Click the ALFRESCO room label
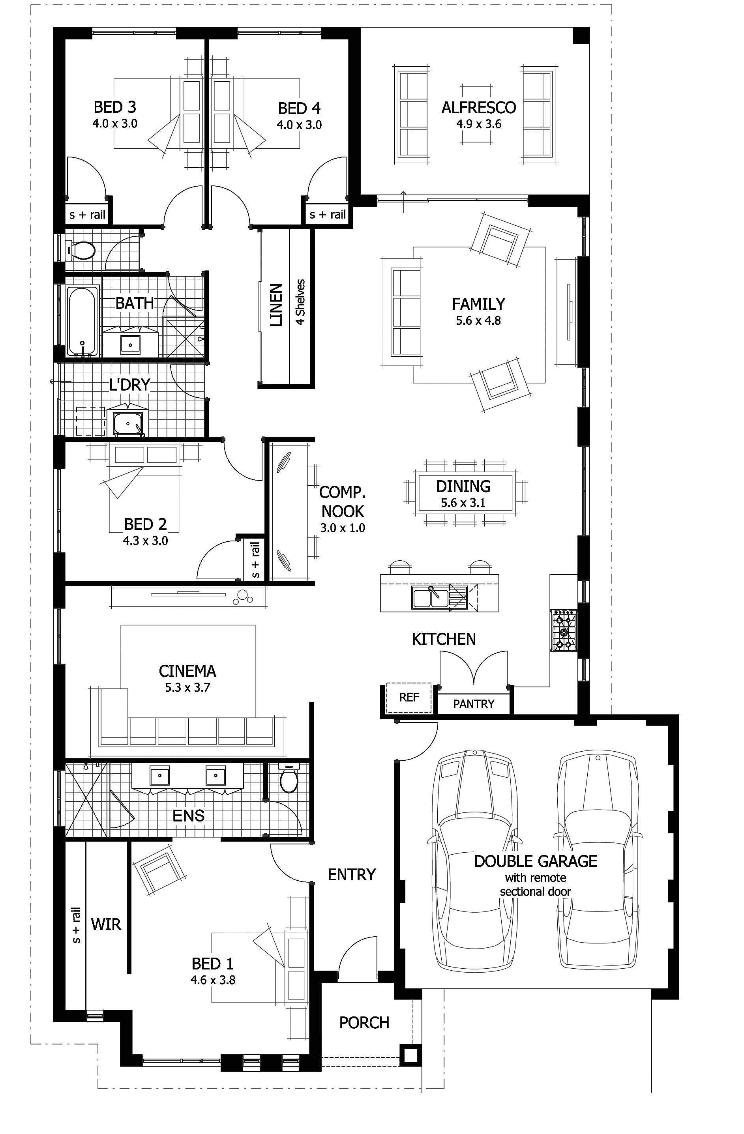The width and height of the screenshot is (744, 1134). [478, 108]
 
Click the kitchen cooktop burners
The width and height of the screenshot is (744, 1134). [563, 632]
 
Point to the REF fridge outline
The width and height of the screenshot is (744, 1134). [409, 698]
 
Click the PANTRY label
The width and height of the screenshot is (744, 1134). [473, 704]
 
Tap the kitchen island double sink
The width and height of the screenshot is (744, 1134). [430, 597]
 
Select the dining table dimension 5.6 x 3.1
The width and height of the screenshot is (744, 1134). [463, 503]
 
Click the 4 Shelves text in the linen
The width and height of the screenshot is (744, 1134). [300, 302]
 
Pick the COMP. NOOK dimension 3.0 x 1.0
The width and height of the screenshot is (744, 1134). [342, 528]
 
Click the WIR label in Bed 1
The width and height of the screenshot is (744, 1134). [106, 925]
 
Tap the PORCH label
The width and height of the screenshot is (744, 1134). [364, 1022]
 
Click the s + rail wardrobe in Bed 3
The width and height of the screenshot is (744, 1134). [87, 215]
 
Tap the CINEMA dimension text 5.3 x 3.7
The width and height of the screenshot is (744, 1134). [187, 688]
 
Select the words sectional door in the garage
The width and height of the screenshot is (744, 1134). [535, 891]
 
